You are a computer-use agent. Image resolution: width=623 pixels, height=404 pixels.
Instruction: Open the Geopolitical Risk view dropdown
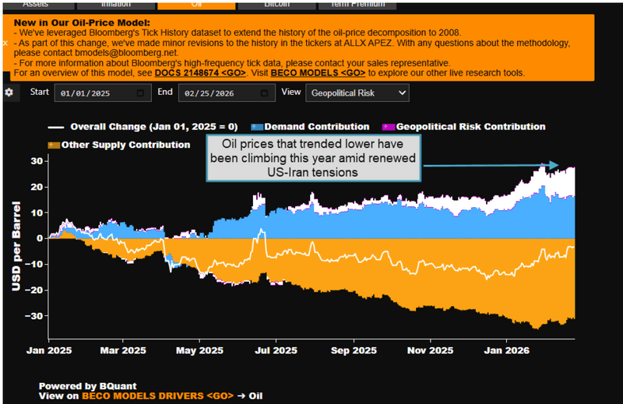357,93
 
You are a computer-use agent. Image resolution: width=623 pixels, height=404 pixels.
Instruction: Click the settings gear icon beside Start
9,93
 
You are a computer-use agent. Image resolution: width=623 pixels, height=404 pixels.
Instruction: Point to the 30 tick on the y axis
37,161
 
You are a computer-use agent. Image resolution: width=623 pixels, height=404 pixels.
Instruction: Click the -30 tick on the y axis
33,315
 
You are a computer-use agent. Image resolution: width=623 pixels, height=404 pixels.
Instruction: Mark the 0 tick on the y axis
39,238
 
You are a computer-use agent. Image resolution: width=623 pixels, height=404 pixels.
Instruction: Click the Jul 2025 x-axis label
276,350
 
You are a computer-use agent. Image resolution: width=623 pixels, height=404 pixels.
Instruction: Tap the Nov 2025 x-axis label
430,350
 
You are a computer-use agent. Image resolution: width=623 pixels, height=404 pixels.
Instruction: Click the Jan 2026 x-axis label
508,350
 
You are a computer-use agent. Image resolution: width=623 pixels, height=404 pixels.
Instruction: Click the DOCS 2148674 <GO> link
200,72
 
